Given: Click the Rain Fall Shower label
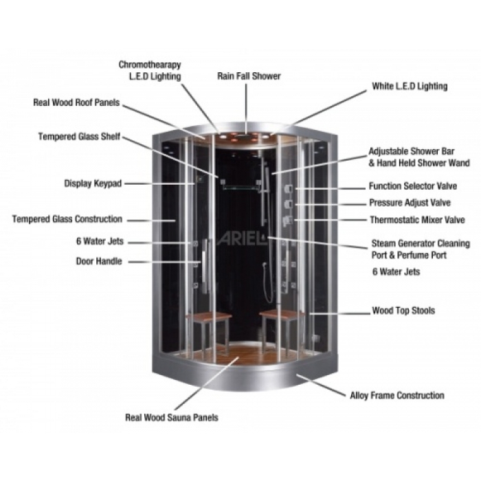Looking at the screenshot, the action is pyautogui.click(x=249, y=76).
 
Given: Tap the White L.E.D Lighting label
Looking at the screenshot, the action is pyautogui.click(x=410, y=86).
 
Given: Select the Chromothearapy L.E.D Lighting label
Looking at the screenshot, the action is pyautogui.click(x=150, y=70).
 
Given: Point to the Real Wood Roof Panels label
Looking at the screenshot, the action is pyautogui.click(x=76, y=102).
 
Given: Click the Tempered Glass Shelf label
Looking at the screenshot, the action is pyautogui.click(x=79, y=136).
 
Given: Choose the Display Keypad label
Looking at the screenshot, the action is pyautogui.click(x=93, y=183).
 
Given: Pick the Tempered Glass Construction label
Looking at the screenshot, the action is pyautogui.click(x=67, y=219).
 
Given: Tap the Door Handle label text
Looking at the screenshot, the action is pyautogui.click(x=99, y=261).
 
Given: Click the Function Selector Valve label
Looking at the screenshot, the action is pyautogui.click(x=413, y=186).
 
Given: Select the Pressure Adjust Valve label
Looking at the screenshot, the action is pyautogui.click(x=410, y=203).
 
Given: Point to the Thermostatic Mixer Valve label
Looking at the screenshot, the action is pyautogui.click(x=417, y=220).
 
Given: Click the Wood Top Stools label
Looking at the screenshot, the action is pyautogui.click(x=403, y=311).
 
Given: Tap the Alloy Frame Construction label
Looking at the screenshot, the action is pyautogui.click(x=397, y=395).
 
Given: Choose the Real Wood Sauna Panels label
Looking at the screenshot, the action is pyautogui.click(x=172, y=418).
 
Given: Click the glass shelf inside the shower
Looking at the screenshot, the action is pyautogui.click(x=240, y=186).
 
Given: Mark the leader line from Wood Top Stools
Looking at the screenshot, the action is pyautogui.click(x=340, y=313).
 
